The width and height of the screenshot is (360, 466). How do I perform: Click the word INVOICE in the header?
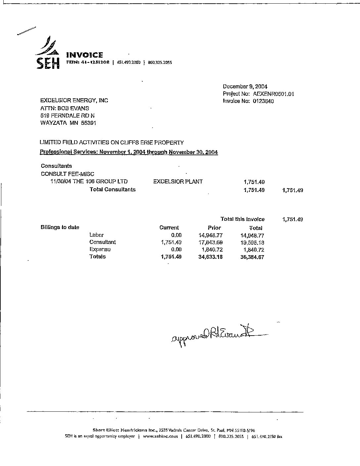(x=85, y=55)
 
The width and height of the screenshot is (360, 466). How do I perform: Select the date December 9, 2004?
(x=245, y=86)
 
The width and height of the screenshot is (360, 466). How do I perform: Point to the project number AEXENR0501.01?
(x=274, y=94)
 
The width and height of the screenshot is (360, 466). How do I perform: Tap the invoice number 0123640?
(x=263, y=101)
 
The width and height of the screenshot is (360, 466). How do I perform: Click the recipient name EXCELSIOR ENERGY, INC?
(x=74, y=100)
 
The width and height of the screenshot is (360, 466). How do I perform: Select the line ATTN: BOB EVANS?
(x=65, y=108)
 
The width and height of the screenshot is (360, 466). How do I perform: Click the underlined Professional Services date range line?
(x=129, y=152)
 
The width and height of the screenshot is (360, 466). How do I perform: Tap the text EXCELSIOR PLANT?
(x=178, y=181)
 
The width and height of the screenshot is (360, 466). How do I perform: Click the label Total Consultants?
(x=112, y=190)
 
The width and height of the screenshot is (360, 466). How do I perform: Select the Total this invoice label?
(x=243, y=219)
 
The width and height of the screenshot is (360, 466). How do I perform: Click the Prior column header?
(x=214, y=228)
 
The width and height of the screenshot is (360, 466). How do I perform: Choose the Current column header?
(x=169, y=228)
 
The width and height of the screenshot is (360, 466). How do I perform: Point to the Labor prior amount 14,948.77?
(x=210, y=235)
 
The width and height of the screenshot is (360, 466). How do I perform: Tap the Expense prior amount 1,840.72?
(x=212, y=250)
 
